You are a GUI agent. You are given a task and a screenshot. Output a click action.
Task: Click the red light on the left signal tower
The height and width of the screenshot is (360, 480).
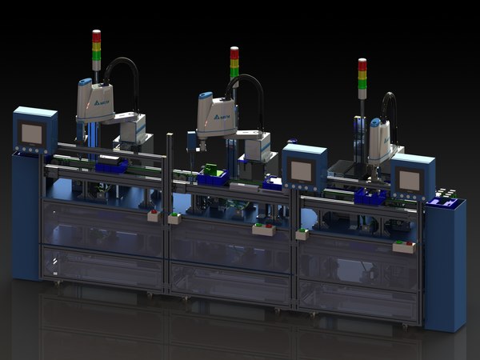(x=96, y=35)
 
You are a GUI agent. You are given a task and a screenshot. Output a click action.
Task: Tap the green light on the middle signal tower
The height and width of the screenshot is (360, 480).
(x=234, y=70)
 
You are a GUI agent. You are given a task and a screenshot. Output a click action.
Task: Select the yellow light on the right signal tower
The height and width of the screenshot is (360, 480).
(x=362, y=74)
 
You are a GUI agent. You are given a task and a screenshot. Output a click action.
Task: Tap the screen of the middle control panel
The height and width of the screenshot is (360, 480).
(x=302, y=170)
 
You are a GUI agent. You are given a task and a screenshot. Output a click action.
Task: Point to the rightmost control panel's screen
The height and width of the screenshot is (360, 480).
(x=410, y=180)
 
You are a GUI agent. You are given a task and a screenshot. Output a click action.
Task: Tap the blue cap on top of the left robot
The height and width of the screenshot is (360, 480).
(x=84, y=82)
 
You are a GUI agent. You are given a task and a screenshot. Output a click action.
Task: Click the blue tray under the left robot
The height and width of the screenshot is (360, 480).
(x=110, y=166)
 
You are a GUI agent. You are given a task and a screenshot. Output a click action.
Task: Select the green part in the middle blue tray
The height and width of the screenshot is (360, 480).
(x=211, y=170)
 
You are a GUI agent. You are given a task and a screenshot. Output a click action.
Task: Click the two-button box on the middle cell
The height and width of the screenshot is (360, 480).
(x=263, y=230)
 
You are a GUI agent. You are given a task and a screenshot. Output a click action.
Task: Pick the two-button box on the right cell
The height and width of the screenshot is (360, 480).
(x=403, y=246)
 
